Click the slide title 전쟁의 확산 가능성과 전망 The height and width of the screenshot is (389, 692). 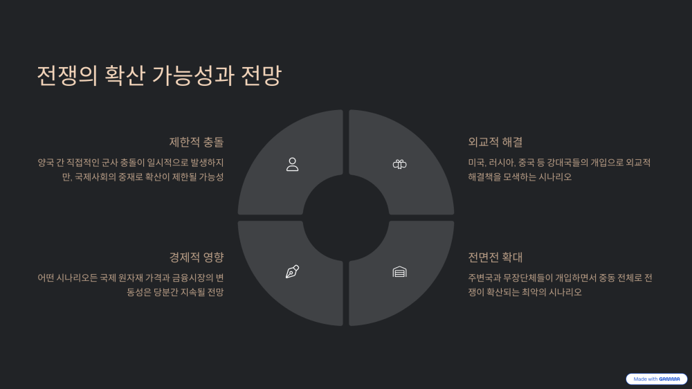[x=159, y=75]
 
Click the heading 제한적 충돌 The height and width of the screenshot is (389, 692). [x=197, y=142]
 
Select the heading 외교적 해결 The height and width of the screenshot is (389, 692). [x=495, y=142]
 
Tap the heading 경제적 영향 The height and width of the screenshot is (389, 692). [x=197, y=257]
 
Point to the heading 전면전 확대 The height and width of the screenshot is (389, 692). [x=495, y=257]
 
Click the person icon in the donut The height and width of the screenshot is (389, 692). [x=292, y=164]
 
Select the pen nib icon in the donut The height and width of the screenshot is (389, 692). [x=292, y=271]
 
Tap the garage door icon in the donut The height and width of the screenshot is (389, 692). [x=399, y=271]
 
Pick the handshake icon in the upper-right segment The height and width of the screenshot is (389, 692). [x=399, y=164]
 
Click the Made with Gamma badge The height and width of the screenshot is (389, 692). [x=656, y=379]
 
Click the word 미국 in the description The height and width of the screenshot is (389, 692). [x=476, y=163]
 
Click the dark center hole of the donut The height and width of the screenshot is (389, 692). [x=346, y=217]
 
